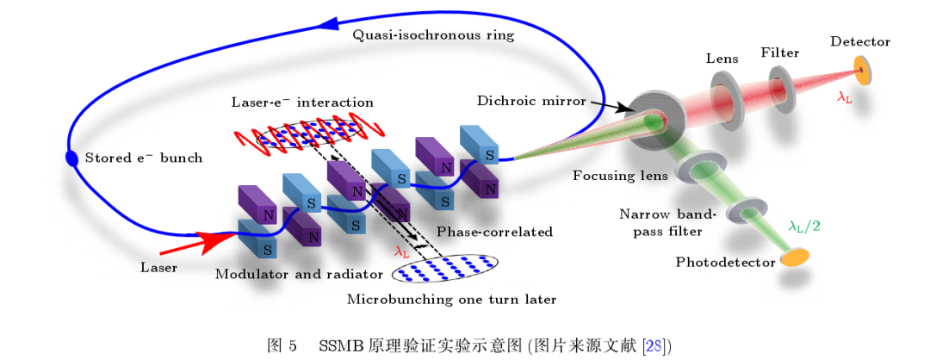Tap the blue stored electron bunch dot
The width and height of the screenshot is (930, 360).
[71, 158]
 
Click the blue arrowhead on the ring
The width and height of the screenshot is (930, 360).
[328, 22]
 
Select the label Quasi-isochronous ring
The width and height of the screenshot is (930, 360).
[433, 35]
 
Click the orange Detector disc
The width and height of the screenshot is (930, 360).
[862, 71]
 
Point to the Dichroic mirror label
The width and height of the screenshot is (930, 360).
[530, 100]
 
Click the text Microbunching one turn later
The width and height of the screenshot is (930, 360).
[451, 300]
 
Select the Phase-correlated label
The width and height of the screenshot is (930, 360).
[494, 232]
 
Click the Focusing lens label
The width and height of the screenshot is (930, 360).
[620, 177]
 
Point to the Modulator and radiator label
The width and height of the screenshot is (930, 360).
[300, 274]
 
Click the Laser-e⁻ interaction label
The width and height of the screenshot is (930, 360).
[302, 102]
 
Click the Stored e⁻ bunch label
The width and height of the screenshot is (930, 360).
[144, 158]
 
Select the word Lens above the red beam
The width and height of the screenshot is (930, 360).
[722, 58]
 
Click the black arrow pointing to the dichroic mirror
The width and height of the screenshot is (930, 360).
[609, 106]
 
